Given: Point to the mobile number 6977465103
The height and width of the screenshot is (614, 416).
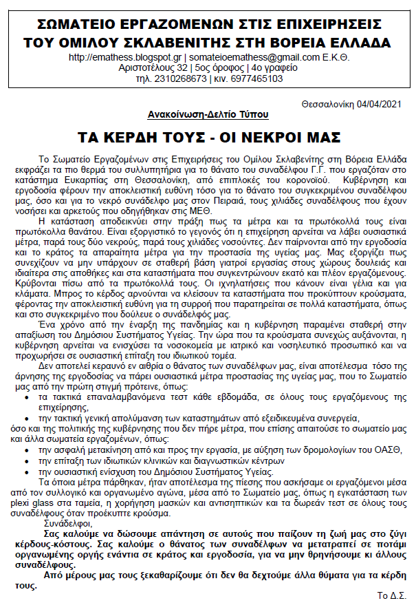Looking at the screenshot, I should tap(257, 78).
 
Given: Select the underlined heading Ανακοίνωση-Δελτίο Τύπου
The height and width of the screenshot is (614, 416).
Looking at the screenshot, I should tap(208, 114).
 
